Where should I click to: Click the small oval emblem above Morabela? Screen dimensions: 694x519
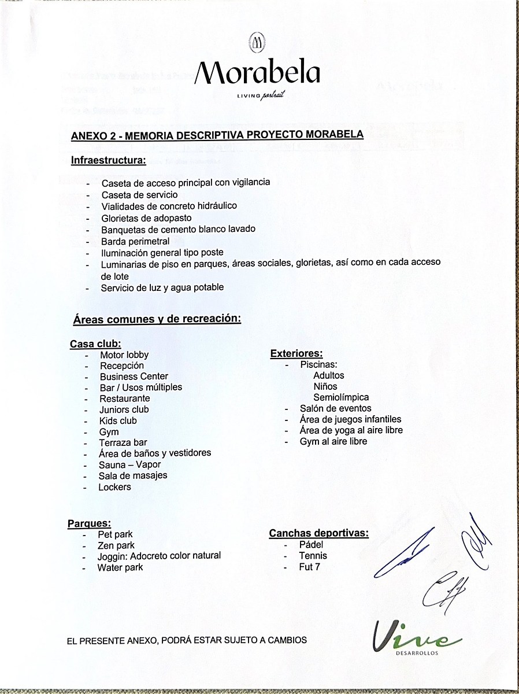[x=257, y=42]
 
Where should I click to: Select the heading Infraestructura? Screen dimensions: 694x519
[x=108, y=160]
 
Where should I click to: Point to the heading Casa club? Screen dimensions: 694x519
[x=95, y=344]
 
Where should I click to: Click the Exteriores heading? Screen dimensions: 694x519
[x=296, y=354]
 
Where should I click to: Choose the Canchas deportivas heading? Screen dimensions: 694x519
[x=318, y=533]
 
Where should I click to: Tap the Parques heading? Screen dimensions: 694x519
[x=89, y=524]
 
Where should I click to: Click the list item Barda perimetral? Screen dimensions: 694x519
[x=135, y=241]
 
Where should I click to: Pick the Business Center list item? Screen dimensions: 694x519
[x=134, y=376]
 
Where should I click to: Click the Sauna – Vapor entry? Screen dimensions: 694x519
[x=129, y=464]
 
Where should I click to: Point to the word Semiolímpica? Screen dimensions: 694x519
[x=341, y=397]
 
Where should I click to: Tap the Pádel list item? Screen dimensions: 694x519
[x=312, y=545]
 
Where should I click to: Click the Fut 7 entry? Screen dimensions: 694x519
[x=310, y=567]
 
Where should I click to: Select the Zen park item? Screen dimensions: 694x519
[x=116, y=545]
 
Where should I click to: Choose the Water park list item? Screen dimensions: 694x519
[x=120, y=567]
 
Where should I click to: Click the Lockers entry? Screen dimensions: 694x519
[x=114, y=487]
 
